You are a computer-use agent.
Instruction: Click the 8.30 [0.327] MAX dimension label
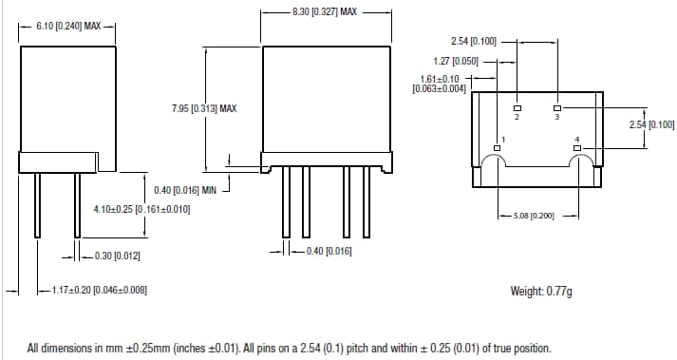click(x=326, y=11)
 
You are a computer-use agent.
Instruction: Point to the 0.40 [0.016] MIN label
click(x=185, y=190)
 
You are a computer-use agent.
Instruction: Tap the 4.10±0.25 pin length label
click(x=141, y=208)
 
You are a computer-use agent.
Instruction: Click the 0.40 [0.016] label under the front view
click(x=323, y=251)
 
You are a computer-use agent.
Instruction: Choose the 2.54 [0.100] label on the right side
click(x=651, y=124)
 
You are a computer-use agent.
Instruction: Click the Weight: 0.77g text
click(x=541, y=291)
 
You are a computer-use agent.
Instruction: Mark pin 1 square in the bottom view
click(x=497, y=148)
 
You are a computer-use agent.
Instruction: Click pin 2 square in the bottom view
click(x=517, y=107)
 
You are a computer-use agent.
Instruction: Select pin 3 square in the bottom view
click(x=557, y=107)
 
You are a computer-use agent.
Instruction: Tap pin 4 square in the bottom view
click(x=577, y=148)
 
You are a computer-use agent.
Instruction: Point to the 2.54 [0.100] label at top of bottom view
click(x=473, y=41)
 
